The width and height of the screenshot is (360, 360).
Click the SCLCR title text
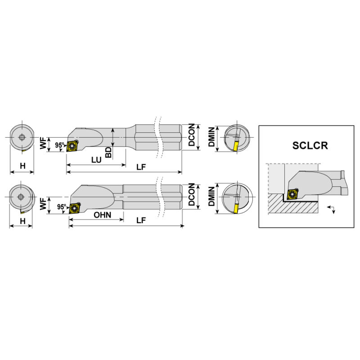point(310,145)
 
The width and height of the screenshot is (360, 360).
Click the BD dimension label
point(108,153)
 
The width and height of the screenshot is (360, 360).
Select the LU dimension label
point(96,160)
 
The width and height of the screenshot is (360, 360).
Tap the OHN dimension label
point(103,215)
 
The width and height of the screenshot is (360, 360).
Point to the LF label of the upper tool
point(141,167)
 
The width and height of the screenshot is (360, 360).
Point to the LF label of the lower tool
point(141,220)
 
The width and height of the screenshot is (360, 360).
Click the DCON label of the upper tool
point(192,135)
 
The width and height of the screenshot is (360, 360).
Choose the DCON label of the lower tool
point(192,194)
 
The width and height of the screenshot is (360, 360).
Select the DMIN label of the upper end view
point(211,137)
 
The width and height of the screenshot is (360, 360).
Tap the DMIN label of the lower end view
point(211,196)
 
